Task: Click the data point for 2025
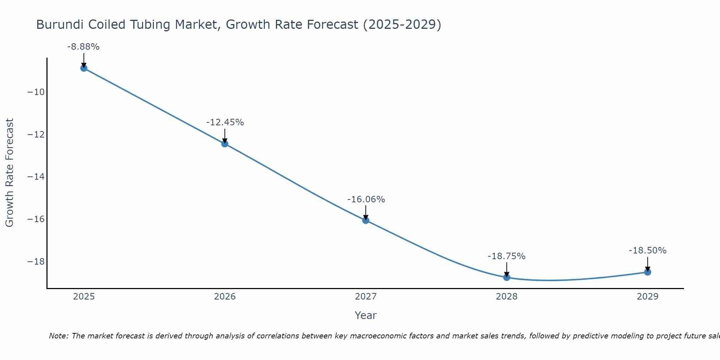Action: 84,68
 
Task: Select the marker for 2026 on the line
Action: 225,144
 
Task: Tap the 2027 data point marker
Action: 366,220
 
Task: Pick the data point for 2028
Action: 507,278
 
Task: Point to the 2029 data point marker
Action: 648,272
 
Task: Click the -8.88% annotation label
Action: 83,47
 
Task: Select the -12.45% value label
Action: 225,122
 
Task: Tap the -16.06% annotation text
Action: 366,199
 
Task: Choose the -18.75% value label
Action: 507,256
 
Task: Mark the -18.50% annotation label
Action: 648,251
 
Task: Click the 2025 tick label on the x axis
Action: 84,297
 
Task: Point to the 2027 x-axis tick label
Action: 366,297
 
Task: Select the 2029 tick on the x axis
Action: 648,297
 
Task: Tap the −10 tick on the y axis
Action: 36,92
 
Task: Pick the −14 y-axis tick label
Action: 36,177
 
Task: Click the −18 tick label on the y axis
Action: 36,262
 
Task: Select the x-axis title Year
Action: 366,315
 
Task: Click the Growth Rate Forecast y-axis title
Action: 10,173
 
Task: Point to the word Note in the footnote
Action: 58,336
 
